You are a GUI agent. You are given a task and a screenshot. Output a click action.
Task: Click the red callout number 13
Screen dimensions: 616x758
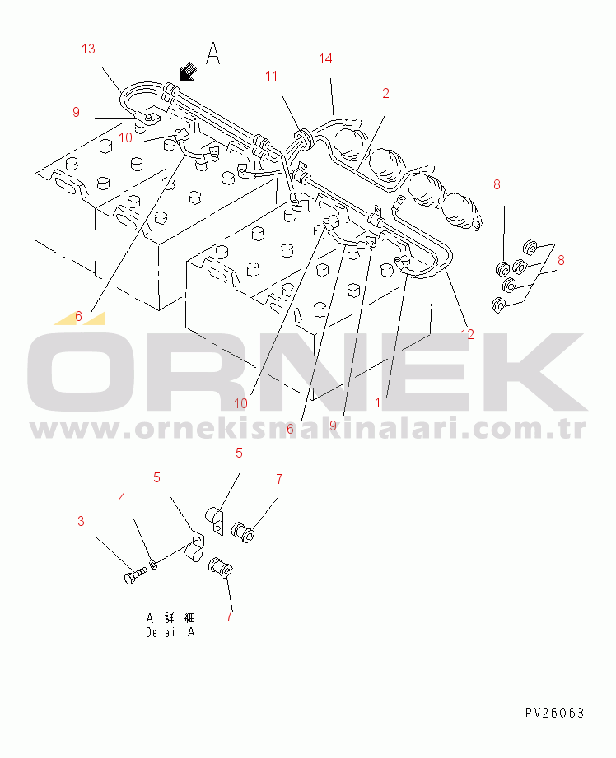coord(89,49)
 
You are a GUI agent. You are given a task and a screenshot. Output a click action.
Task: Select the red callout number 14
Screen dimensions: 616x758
coord(325,58)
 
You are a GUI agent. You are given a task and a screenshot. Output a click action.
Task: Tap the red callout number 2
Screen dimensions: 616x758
coord(385,93)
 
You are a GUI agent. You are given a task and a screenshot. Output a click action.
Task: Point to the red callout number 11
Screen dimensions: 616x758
coord(272,76)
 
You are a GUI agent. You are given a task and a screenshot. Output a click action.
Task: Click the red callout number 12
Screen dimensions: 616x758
coord(468,334)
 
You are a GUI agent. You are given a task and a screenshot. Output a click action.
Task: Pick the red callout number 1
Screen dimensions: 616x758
coord(378,402)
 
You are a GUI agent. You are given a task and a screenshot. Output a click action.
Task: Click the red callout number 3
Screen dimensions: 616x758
coord(81,521)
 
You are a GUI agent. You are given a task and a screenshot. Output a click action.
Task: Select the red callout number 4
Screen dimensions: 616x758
coord(122,498)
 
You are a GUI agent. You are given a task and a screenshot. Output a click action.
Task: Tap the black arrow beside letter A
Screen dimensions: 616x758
coord(187,72)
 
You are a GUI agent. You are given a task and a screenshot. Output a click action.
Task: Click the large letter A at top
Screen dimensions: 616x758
coord(213,53)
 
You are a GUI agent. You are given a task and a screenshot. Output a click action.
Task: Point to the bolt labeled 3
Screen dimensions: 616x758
coord(135,575)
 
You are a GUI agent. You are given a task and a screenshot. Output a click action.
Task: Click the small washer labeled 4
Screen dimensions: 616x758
coord(154,564)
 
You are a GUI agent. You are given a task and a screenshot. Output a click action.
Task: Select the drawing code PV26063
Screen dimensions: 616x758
coord(555,713)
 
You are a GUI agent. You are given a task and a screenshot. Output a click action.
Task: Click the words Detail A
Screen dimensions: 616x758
coord(170,632)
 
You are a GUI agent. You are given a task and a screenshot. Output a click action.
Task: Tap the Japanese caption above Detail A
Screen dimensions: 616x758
coord(170,618)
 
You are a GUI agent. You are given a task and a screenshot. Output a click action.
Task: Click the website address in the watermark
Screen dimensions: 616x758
coord(308,429)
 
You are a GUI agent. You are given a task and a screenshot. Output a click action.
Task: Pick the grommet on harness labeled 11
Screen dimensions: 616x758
coord(302,137)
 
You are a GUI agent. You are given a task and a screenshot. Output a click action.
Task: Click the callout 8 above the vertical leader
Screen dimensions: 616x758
coord(497,184)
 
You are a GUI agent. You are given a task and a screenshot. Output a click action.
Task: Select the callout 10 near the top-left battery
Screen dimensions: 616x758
coord(125,137)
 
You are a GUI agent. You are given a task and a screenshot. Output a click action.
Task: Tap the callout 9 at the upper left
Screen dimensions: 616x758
coord(76,112)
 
